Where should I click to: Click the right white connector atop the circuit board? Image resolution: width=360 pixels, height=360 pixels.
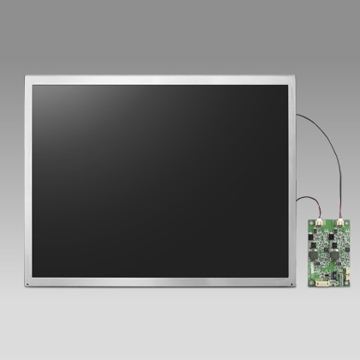339,223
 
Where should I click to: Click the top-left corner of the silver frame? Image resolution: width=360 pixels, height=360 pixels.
27,78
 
